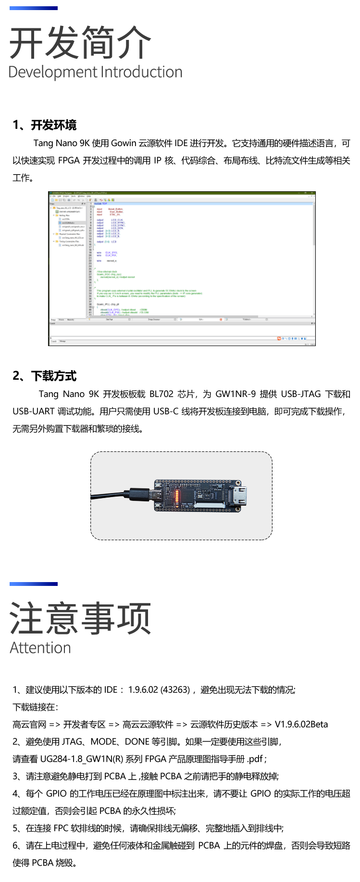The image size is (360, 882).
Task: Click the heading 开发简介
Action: click(x=80, y=43)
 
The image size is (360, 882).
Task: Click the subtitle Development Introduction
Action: click(x=95, y=72)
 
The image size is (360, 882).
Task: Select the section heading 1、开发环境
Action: click(x=44, y=125)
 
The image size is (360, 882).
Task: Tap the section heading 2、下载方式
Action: click(x=44, y=376)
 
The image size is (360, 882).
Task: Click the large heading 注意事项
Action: click(x=80, y=619)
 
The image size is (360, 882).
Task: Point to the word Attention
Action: click(x=40, y=648)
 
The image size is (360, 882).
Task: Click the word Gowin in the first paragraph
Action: click(x=124, y=143)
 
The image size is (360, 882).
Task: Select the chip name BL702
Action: click(x=161, y=394)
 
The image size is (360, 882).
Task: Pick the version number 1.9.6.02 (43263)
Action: click(x=159, y=690)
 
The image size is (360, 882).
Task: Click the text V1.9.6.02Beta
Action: click(x=301, y=724)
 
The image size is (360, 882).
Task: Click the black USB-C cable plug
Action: click(x=142, y=495)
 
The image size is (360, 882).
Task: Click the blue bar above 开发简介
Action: click(x=33, y=8)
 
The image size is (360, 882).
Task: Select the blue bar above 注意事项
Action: click(x=33, y=584)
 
